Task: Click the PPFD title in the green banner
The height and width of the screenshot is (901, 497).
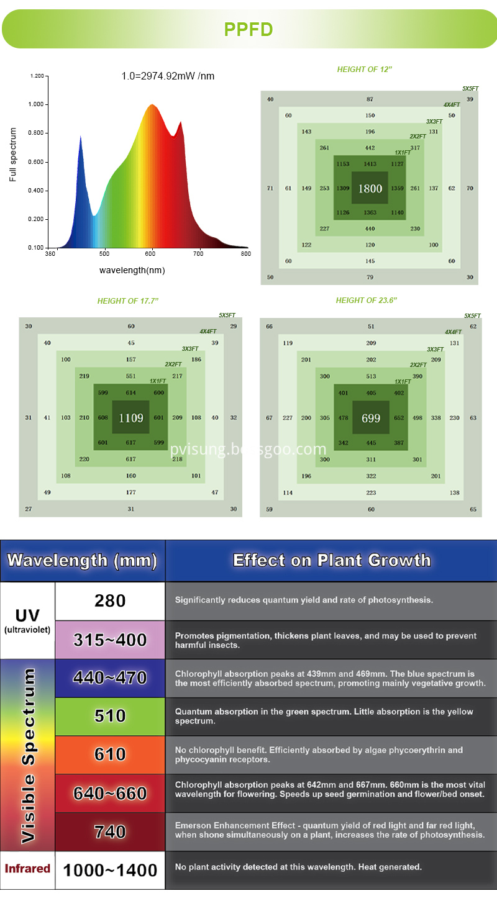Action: click(x=248, y=30)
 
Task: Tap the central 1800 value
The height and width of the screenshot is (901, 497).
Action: click(x=370, y=188)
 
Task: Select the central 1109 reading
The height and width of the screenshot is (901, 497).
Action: click(x=130, y=418)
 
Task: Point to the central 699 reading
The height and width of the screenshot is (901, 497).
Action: click(x=371, y=418)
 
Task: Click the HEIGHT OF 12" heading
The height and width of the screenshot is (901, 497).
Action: click(x=365, y=70)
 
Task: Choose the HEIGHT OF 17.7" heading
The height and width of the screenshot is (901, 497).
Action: click(x=128, y=301)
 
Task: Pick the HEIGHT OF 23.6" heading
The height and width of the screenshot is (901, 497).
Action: click(x=366, y=301)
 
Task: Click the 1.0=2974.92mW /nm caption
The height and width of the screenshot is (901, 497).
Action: click(x=168, y=76)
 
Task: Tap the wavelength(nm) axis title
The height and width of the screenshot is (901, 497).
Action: click(x=132, y=270)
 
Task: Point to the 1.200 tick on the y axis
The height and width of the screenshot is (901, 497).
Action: click(x=37, y=76)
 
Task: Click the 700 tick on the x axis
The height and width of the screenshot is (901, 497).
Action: click(x=198, y=253)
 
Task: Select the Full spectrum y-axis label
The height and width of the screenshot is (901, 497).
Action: click(x=12, y=155)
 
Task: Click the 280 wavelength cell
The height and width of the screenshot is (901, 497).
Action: click(x=110, y=600)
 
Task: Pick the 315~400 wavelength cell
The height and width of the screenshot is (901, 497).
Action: click(x=110, y=640)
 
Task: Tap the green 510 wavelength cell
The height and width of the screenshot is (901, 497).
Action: click(x=110, y=716)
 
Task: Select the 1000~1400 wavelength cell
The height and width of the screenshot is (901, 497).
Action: click(x=110, y=870)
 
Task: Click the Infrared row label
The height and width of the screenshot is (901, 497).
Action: click(x=27, y=868)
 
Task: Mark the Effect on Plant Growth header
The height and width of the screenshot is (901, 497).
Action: click(x=331, y=560)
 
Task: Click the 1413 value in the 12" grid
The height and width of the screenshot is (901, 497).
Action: click(x=370, y=164)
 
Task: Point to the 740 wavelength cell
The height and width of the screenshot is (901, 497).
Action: click(x=110, y=831)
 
